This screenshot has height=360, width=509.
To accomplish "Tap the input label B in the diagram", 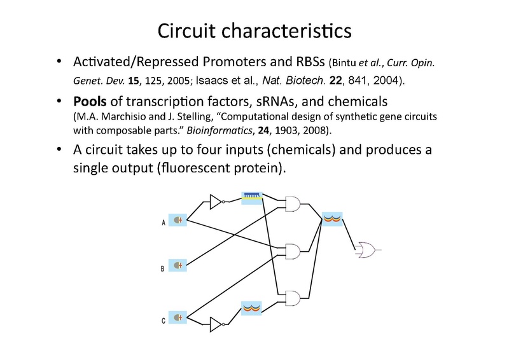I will click(x=164, y=268).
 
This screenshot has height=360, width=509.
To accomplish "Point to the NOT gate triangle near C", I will click(x=214, y=325).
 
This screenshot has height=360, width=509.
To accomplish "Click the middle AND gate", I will click(x=294, y=250).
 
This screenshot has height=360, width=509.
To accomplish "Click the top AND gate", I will click(x=294, y=204).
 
